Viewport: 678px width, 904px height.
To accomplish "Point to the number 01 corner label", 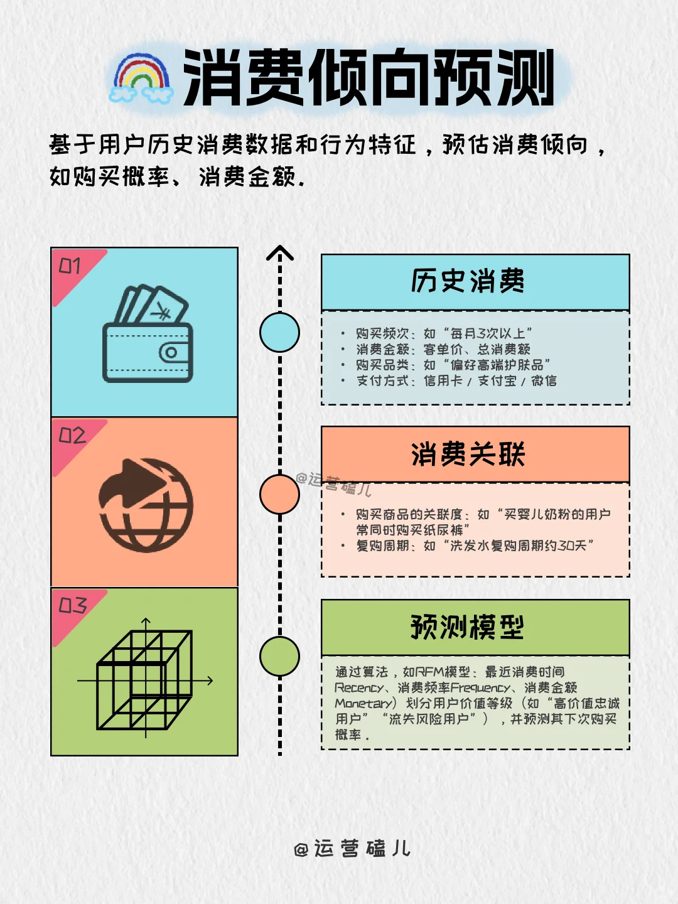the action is coord(70,266).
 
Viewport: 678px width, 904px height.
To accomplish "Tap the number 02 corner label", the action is coord(72,436).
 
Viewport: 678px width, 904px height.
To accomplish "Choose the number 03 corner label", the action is coord(72,605).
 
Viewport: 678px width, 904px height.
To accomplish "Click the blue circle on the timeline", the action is coord(279,332).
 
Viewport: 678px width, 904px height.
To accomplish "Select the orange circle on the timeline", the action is coord(279,494).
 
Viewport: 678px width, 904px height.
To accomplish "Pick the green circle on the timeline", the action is coord(279,656).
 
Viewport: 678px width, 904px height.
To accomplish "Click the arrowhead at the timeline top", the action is coord(280,253).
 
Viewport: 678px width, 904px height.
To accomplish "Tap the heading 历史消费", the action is coord(468,282).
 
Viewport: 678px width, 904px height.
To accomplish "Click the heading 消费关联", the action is coord(468,455).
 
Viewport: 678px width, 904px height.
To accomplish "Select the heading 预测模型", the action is coord(468,627).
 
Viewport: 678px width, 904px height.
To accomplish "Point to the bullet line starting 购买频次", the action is coord(443,333).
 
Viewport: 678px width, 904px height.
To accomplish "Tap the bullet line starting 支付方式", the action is coord(456,380).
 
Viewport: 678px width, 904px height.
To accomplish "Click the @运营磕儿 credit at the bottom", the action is coord(352,849).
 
